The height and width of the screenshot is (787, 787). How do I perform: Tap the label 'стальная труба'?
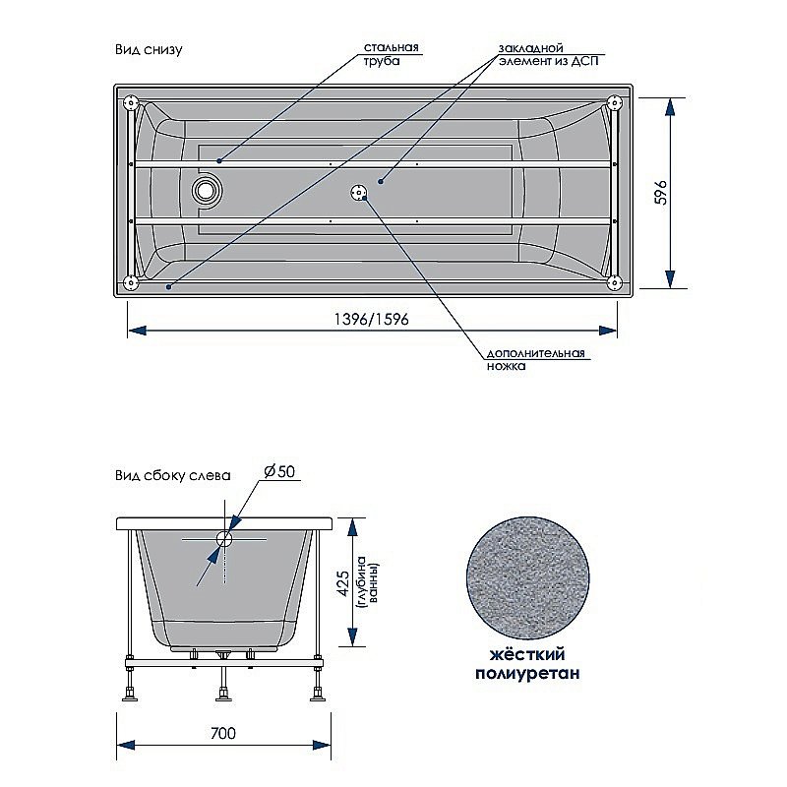click(x=392, y=53)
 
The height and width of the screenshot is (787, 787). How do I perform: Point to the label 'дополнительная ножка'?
click(x=535, y=359)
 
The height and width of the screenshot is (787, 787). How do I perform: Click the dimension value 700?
click(x=222, y=734)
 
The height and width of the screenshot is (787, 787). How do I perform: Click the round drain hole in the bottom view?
click(x=207, y=189)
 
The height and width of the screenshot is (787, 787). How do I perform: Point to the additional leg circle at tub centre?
click(x=356, y=191)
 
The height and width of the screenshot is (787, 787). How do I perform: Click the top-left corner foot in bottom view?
click(x=130, y=101)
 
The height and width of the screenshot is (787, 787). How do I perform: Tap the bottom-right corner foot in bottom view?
click(x=615, y=283)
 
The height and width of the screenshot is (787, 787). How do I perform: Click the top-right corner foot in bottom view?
click(x=615, y=101)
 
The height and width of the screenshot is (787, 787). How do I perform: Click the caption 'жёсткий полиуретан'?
click(x=526, y=664)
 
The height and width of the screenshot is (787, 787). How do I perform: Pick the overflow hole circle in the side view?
click(x=224, y=538)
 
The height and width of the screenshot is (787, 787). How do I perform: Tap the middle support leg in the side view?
click(x=224, y=685)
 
